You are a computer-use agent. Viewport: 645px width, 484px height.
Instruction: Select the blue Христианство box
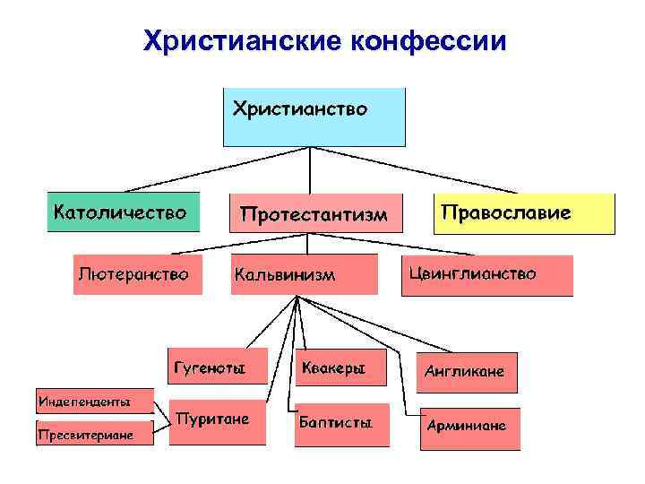tap(314, 117)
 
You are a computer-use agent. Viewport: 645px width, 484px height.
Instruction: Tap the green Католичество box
tap(122, 212)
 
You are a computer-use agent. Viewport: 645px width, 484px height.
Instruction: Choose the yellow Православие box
tap(524, 213)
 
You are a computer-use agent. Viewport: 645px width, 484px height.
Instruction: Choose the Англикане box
tap(466, 371)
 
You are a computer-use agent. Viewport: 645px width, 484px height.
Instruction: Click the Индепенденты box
tap(94, 401)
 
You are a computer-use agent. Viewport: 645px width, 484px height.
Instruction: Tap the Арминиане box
tap(466, 424)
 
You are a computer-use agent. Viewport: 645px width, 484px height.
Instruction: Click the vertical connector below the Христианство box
tap(310, 169)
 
